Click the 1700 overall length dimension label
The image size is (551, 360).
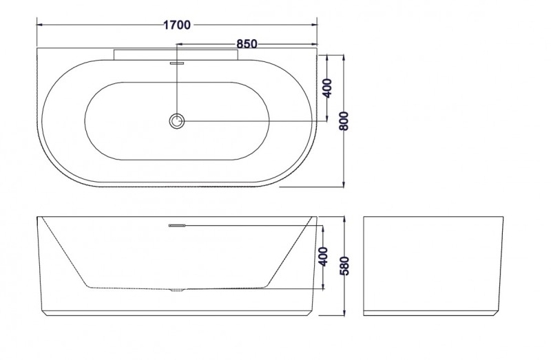coord(177,25)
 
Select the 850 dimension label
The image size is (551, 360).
coord(247,44)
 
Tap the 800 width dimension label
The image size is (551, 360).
coord(344,121)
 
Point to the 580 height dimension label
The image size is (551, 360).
coord(345,266)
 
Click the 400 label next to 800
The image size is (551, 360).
coord(326,89)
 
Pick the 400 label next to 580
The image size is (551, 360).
coord(323,257)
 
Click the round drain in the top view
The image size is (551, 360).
coord(177,121)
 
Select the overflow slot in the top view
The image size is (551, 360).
coord(177,63)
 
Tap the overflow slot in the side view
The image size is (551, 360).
coord(177,226)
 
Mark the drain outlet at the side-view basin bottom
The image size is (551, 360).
coord(177,290)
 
